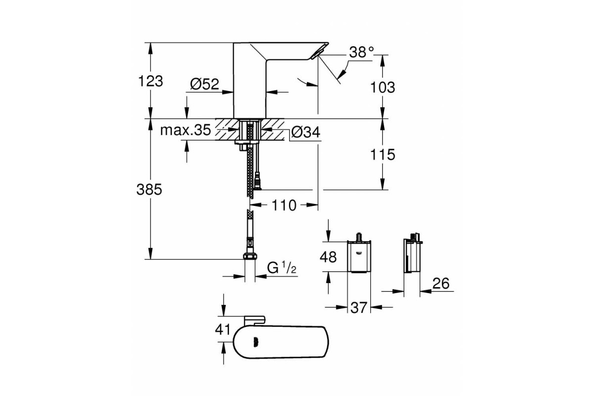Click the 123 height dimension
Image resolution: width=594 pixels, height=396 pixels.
point(150,81)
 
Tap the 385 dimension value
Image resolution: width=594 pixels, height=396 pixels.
point(149,190)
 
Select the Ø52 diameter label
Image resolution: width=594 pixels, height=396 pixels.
point(204,84)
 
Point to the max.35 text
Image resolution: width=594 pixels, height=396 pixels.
point(185,130)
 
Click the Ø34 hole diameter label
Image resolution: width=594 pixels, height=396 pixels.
point(305,132)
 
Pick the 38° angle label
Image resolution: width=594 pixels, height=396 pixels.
point(361,52)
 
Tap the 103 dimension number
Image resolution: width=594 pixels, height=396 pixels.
point(382,87)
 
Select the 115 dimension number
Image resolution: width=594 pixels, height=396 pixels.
point(382,154)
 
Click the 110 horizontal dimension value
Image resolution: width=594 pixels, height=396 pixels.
point(284,205)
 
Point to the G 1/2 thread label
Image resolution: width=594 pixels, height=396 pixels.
point(281,268)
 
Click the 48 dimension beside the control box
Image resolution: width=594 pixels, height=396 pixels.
point(328,257)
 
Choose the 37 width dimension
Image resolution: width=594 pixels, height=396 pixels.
point(359,308)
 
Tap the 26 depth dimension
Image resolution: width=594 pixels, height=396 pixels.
point(441,284)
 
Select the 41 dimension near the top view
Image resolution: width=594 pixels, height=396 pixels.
point(223,330)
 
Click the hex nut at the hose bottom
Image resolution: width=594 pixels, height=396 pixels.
point(250,256)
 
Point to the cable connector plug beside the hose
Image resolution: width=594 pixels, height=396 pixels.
point(257,181)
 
